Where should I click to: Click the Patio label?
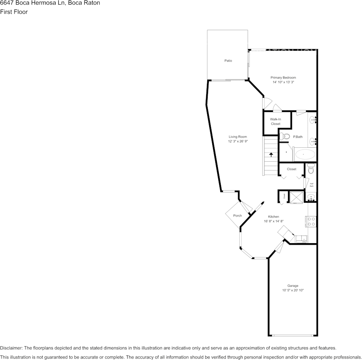pyautogui.click(x=228, y=61)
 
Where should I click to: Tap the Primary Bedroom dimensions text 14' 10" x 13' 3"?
pyautogui.click(x=283, y=82)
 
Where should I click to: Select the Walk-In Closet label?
pyautogui.click(x=275, y=121)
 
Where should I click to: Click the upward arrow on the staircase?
pyautogui.click(x=271, y=155)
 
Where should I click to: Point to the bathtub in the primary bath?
pyautogui.click(x=305, y=155)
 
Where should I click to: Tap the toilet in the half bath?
pyautogui.click(x=311, y=169)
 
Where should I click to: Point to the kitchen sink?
pyautogui.click(x=301, y=239)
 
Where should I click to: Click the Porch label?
pyautogui.click(x=237, y=216)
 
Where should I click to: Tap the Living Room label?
pyautogui.click(x=238, y=137)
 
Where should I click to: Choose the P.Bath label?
pyautogui.click(x=298, y=137)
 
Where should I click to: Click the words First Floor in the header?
pyautogui.click(x=14, y=12)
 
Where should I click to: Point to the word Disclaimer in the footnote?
pyautogui.click(x=11, y=348)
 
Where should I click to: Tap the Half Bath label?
pyautogui.click(x=311, y=185)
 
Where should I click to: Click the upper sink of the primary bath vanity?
pyautogui.click(x=312, y=120)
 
